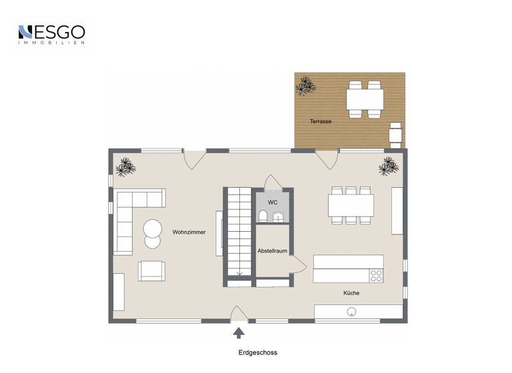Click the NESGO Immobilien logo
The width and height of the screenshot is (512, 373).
coord(51,34)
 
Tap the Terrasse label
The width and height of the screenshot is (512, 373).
coord(320,122)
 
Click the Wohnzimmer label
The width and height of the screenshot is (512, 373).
coord(189,232)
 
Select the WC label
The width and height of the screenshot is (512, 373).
coord(273,202)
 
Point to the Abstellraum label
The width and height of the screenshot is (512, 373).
coord(273,251)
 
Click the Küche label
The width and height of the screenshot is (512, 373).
coord(351,293)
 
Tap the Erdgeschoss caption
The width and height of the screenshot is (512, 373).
coord(257,353)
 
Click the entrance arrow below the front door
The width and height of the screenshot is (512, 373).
coord(239,333)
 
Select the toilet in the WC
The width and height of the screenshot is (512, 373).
coord(263,216)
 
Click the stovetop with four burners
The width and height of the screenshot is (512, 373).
coord(376,275)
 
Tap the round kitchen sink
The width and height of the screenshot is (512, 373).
coord(351,312)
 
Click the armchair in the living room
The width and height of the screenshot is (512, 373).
coord(151,270)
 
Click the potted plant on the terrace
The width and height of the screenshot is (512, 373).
coord(305,86)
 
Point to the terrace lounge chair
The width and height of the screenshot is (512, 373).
coord(397,134)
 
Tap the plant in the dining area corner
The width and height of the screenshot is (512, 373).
coord(389,167)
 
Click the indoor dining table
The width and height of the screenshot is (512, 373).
coord(351,205)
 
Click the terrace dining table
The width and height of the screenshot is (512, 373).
coord(365,100)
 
